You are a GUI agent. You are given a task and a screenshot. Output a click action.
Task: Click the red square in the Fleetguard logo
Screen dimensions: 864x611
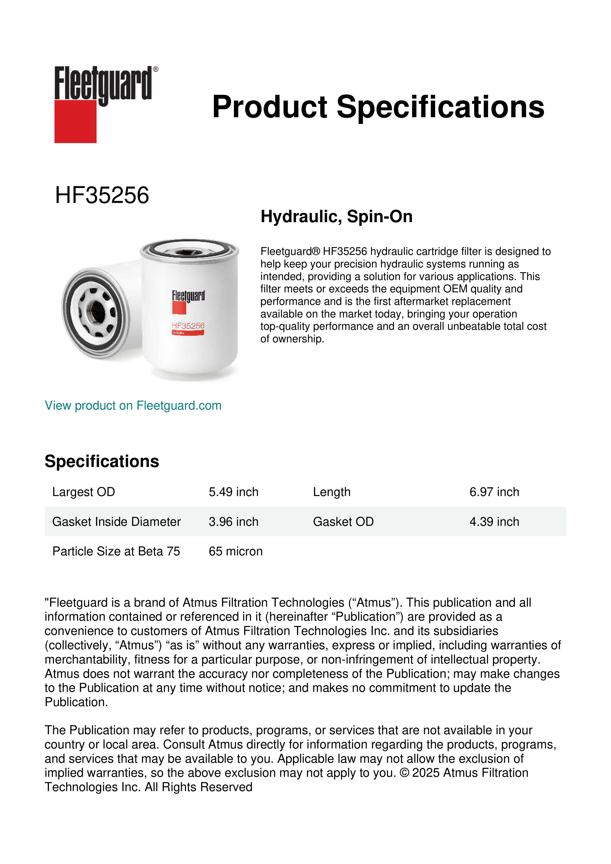(75, 121)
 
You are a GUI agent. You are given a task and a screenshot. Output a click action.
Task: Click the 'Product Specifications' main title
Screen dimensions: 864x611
(378, 107)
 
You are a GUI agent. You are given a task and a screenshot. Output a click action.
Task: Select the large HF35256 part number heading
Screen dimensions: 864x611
(102, 195)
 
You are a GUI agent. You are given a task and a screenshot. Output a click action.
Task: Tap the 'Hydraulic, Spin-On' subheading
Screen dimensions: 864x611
(336, 217)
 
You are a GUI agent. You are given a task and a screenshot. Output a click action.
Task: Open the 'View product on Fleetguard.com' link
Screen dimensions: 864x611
(133, 406)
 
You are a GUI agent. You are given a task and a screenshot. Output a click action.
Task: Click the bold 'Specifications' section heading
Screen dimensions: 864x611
(101, 461)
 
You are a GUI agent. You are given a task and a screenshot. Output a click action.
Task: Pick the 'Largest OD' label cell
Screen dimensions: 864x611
(83, 492)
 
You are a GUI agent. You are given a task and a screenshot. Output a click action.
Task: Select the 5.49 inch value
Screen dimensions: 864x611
(233, 492)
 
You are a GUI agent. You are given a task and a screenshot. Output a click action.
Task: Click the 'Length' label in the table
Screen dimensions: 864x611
(331, 492)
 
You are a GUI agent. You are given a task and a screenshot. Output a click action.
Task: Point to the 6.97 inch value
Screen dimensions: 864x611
(494, 492)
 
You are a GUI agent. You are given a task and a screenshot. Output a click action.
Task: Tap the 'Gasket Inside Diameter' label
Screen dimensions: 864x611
(116, 522)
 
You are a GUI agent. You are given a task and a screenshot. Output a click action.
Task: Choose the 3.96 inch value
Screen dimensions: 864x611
(233, 522)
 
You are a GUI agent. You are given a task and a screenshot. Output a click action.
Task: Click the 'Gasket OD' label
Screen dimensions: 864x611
(343, 522)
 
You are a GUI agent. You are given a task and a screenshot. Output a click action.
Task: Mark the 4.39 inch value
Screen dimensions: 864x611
(494, 522)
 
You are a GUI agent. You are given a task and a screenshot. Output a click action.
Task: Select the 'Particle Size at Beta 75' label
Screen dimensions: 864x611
(116, 551)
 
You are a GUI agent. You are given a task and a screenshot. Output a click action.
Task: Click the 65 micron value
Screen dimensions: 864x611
(235, 551)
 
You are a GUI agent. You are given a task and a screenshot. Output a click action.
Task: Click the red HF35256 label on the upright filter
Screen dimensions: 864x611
(188, 326)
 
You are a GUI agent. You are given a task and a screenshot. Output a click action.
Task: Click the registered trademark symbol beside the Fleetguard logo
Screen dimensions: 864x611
(156, 69)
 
